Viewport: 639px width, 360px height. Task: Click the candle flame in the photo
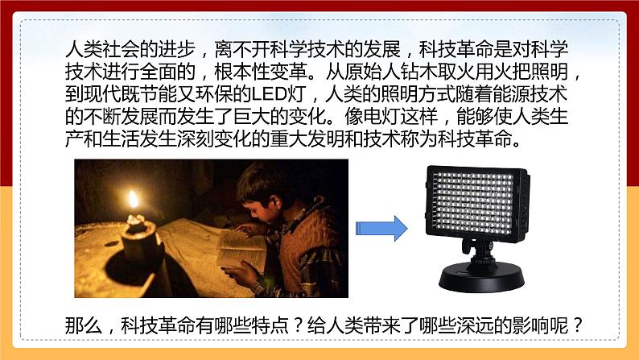point(134,200)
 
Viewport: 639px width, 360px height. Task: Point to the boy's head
point(258,189)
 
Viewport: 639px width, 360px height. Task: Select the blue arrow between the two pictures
point(381,228)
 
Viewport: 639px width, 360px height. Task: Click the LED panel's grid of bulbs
point(473,203)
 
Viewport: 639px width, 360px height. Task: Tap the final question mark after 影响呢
point(578,325)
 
